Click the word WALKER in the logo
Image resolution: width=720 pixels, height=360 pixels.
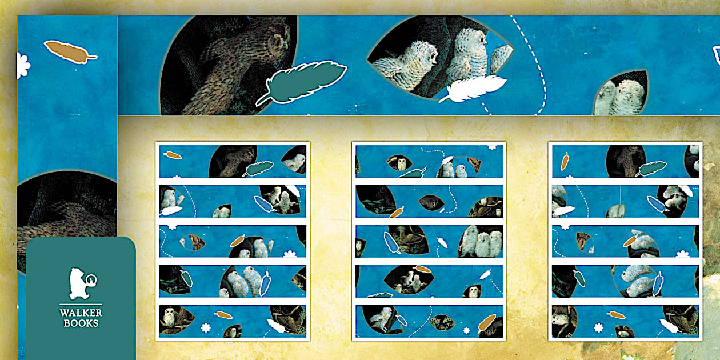point(81,313)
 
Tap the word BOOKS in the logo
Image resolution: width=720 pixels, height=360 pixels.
point(81,323)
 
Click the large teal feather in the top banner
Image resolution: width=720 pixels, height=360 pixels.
point(302,82)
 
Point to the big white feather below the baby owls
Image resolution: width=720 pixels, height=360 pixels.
point(473,88)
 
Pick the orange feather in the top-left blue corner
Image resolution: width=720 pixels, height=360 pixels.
point(70,52)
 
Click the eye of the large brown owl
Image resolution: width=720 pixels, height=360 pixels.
point(277,42)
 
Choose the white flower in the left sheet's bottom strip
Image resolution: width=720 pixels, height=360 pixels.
point(206,328)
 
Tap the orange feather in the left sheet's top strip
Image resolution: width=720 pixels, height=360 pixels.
point(173,155)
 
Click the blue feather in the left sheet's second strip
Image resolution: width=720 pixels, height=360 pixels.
point(263,204)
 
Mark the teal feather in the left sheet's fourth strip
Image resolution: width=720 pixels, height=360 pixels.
point(186,278)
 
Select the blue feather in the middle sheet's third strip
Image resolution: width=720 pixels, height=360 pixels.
point(392,242)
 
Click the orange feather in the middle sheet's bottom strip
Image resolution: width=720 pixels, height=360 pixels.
point(487,322)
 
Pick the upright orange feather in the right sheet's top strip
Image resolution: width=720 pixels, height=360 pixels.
point(565,161)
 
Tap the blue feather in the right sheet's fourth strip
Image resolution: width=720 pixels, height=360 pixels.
point(658,284)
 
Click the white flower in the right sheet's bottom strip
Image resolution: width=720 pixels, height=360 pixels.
point(598,328)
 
